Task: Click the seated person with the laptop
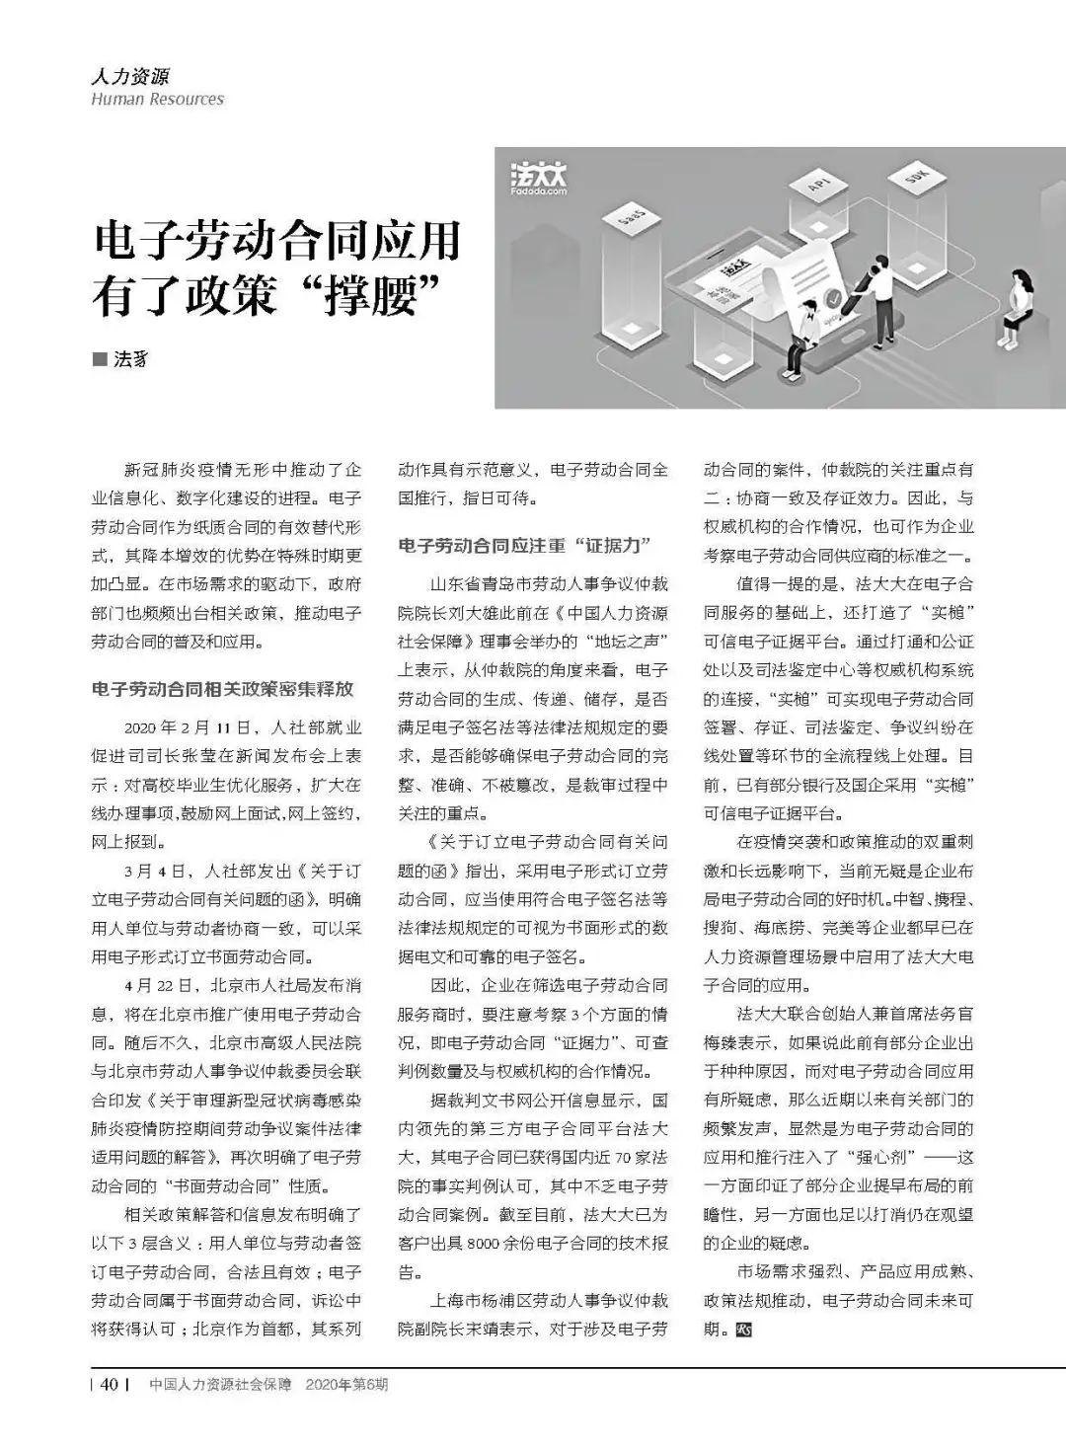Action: [803, 327]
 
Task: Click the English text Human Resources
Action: [157, 99]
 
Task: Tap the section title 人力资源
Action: [129, 76]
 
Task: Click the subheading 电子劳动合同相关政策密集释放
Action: [222, 689]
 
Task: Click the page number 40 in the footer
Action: [110, 1384]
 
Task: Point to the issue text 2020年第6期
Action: [347, 1385]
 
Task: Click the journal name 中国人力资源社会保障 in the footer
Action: [220, 1385]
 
